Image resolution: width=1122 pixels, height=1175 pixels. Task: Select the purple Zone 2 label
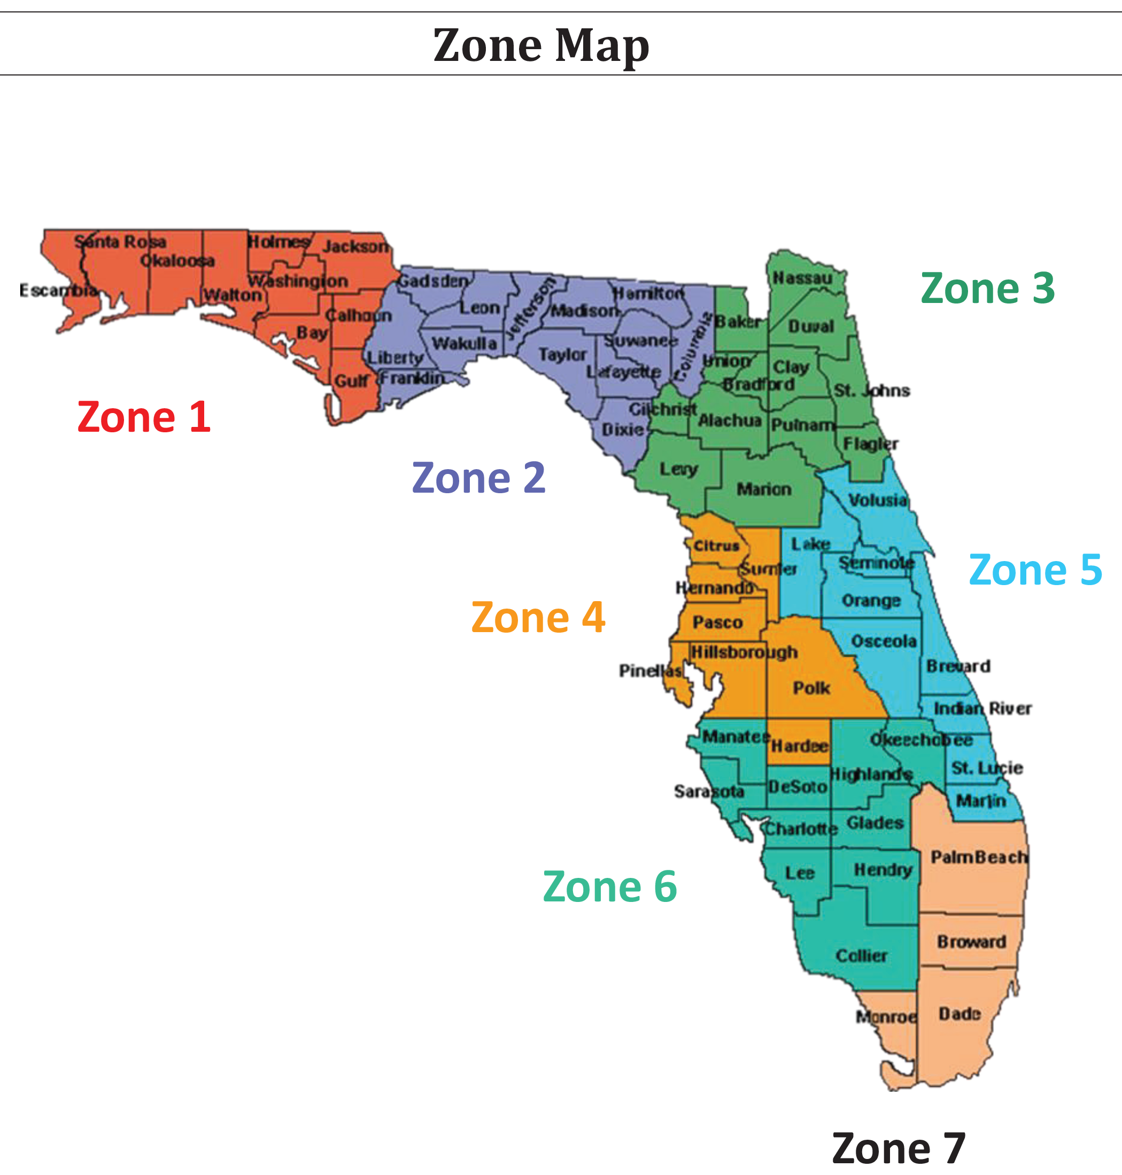478,478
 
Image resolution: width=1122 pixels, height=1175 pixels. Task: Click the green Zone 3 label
987,288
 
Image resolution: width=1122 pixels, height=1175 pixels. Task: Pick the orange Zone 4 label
538,617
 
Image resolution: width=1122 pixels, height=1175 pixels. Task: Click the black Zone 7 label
899,1149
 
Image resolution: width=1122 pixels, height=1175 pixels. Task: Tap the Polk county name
811,688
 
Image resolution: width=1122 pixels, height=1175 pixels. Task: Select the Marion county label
764,489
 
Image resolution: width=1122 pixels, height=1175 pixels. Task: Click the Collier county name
861,955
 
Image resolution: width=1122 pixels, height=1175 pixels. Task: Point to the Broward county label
971,942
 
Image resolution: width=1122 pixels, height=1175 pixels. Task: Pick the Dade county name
959,1014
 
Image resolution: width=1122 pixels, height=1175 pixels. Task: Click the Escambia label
58,291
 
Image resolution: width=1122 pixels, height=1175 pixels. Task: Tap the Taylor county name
562,355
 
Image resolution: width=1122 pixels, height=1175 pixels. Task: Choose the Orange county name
871,601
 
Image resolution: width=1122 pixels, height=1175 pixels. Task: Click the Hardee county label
799,745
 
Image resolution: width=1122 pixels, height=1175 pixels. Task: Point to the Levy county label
679,469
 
